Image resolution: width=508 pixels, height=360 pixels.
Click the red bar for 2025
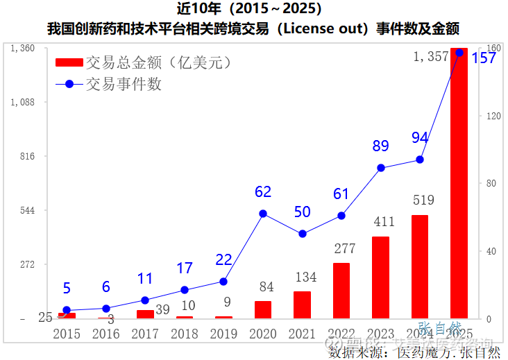point(459,184)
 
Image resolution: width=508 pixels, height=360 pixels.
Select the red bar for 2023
point(380,277)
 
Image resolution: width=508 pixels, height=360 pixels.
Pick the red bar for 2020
point(263,309)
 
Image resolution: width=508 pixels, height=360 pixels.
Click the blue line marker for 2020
point(263,214)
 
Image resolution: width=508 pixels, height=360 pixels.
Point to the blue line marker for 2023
point(380,168)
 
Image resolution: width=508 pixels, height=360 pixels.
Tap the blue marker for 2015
point(67,310)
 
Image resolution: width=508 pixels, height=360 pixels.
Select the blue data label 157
point(484,58)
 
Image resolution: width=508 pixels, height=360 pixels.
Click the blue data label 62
point(263,192)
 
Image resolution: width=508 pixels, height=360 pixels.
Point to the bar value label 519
point(420,201)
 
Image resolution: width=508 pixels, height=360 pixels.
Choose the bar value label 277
point(341,248)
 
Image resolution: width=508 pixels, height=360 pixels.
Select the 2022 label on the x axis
point(341,334)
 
